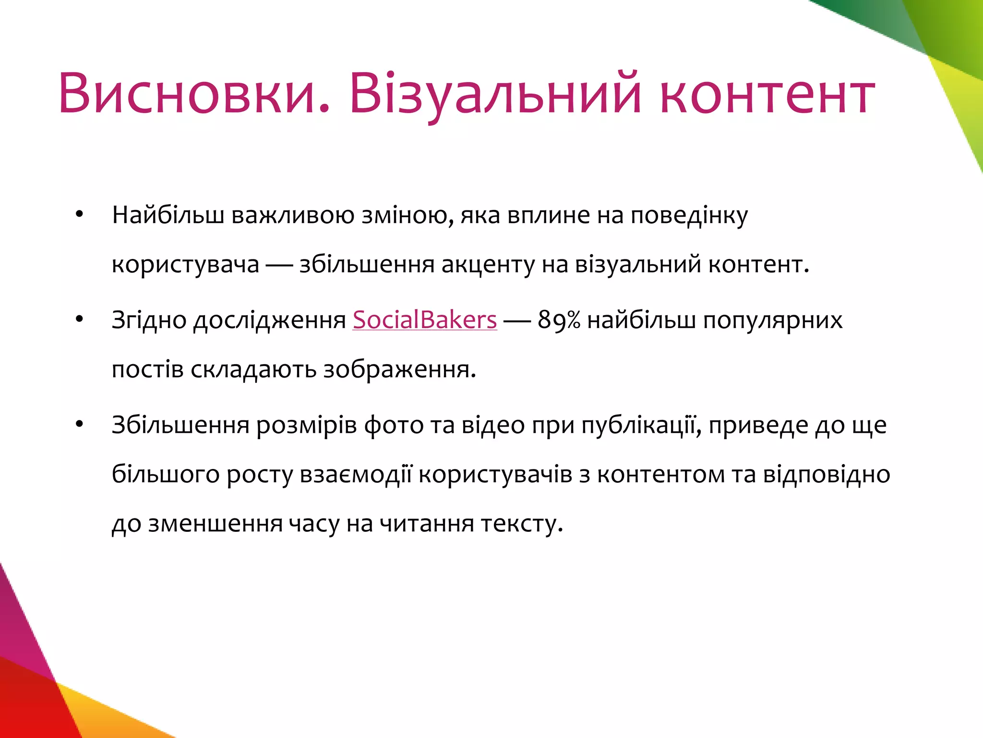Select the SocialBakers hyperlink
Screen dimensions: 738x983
click(x=424, y=320)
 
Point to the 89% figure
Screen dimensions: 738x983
click(x=559, y=320)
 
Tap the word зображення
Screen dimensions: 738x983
click(x=399, y=369)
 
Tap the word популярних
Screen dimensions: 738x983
click(x=772, y=320)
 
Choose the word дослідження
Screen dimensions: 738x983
click(x=269, y=320)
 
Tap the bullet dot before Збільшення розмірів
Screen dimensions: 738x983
click(x=80, y=424)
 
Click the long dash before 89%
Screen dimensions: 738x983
click(x=517, y=320)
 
